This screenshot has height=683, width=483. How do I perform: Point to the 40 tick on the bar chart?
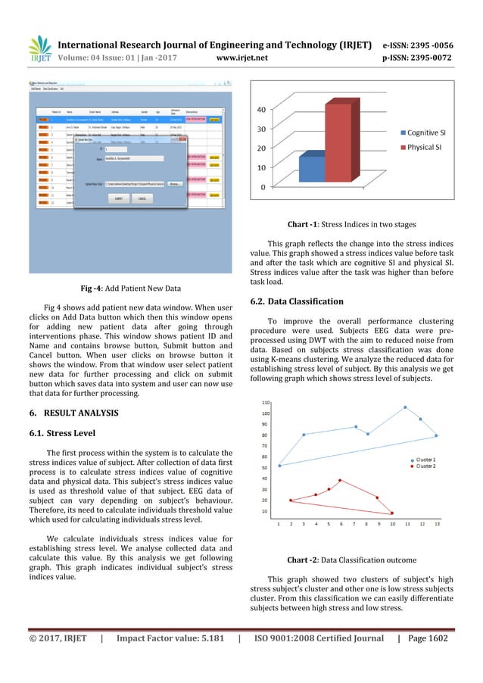coord(260,109)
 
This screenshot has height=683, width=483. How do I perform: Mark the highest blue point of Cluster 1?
coord(405,407)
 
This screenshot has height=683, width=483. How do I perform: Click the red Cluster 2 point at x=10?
coord(392,513)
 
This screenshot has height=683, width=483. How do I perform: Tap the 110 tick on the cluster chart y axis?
coord(265,402)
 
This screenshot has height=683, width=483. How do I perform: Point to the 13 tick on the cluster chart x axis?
coord(436,524)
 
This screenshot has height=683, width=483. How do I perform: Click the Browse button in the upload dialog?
coord(174,183)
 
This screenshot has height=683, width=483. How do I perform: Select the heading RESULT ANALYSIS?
coord(79,414)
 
